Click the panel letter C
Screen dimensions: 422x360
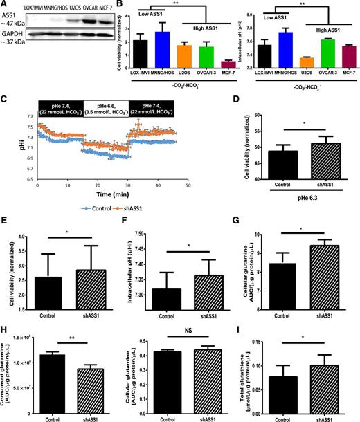point(4,97)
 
